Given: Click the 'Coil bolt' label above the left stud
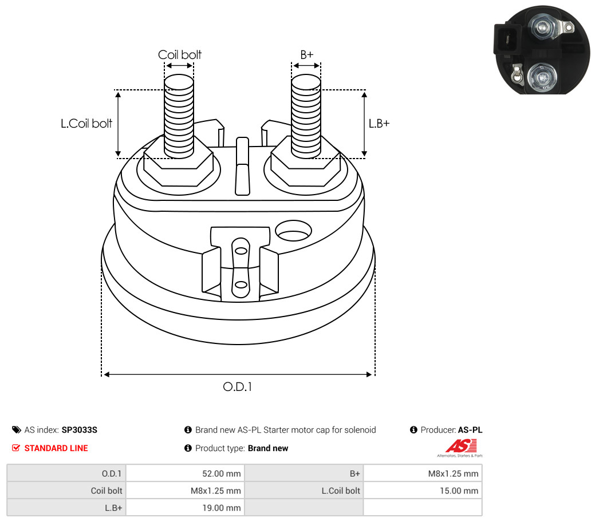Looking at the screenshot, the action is click(x=179, y=54).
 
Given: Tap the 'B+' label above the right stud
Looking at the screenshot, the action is click(x=306, y=54).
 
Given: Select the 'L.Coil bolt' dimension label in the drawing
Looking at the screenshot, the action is click(x=86, y=123).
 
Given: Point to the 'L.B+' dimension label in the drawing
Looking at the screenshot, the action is click(x=379, y=123).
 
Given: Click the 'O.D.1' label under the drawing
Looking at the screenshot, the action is click(x=238, y=386).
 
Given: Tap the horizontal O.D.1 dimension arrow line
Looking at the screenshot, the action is click(x=238, y=374).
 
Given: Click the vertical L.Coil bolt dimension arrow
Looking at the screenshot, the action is click(x=118, y=124).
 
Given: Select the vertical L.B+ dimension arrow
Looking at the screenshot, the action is click(x=364, y=124).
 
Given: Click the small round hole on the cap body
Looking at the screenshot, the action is click(x=293, y=231).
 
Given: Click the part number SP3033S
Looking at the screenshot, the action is click(x=79, y=430).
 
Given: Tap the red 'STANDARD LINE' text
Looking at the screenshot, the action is click(x=56, y=448).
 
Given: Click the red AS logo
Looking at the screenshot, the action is click(x=460, y=446).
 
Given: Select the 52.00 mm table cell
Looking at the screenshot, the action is click(x=185, y=473).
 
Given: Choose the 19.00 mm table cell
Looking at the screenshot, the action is click(x=185, y=508).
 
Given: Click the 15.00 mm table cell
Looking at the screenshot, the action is click(x=423, y=491).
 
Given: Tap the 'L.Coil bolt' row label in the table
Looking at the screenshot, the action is click(x=341, y=491).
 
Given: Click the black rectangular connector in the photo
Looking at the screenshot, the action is click(x=507, y=38).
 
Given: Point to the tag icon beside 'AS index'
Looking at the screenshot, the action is click(x=16, y=430).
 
